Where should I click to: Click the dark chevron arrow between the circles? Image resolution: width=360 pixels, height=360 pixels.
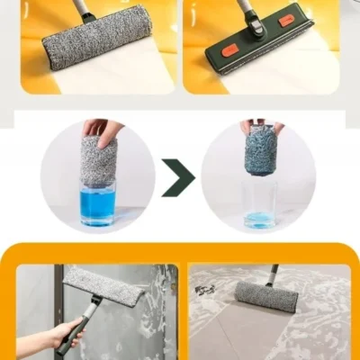[179, 178]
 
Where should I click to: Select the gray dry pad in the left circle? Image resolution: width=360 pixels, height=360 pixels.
[98, 162]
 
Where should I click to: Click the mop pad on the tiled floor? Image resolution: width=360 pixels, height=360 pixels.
[266, 295]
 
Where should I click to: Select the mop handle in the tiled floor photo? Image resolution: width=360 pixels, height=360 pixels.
[270, 273]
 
